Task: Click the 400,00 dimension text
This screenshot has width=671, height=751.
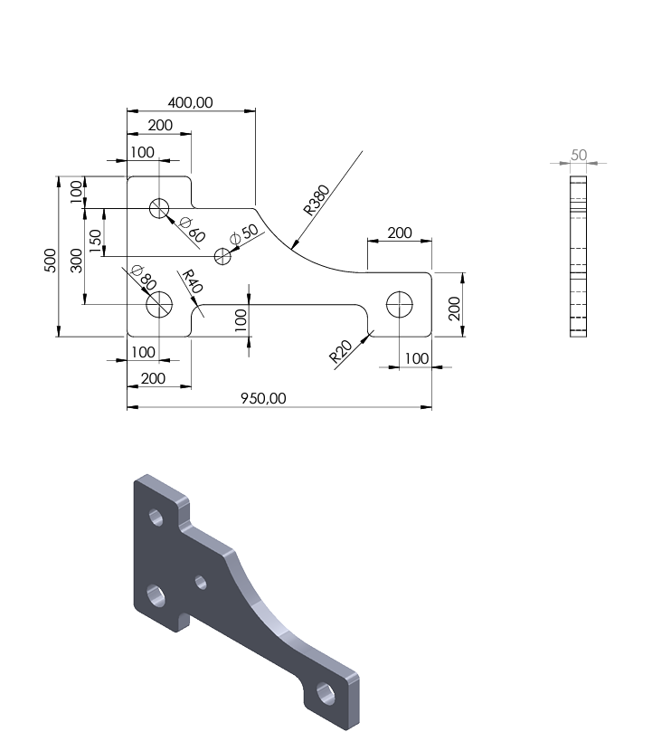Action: (x=190, y=102)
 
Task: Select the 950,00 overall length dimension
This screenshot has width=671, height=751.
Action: (x=263, y=398)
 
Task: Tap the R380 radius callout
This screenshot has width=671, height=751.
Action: (x=317, y=200)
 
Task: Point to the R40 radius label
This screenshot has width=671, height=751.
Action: (x=193, y=280)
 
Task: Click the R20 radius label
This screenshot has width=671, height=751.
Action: (x=341, y=351)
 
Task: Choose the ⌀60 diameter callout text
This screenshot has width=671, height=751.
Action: (x=193, y=230)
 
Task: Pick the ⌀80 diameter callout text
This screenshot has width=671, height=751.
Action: (x=144, y=277)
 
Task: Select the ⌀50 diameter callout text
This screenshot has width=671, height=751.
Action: (x=244, y=234)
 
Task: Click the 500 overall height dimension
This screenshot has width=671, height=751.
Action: (x=51, y=261)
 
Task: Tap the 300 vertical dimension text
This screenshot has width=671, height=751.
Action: (x=77, y=261)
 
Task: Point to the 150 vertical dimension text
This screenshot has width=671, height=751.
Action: (x=96, y=241)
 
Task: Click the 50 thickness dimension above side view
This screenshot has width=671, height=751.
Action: (x=579, y=155)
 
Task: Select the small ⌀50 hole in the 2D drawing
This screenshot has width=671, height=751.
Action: (x=222, y=256)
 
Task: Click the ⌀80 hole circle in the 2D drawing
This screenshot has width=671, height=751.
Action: (x=159, y=304)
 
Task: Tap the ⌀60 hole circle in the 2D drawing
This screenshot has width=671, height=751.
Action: (x=159, y=208)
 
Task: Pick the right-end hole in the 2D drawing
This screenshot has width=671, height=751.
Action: (x=399, y=304)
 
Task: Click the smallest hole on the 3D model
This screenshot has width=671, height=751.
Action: (x=201, y=583)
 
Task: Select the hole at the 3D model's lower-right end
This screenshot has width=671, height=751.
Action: (x=326, y=693)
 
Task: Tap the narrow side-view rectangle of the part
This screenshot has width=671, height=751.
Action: (x=578, y=256)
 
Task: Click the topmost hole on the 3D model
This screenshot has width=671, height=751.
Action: (x=156, y=518)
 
